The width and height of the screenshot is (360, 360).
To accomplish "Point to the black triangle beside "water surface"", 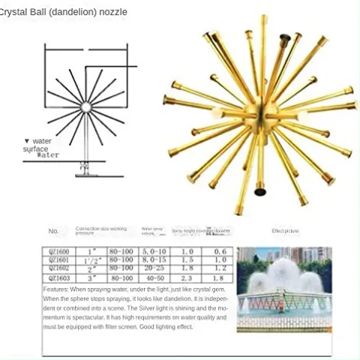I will [x=26, y=141].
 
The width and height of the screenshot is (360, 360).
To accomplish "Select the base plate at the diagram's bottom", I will [x=85, y=174].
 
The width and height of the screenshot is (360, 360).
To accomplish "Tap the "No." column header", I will [x=53, y=231].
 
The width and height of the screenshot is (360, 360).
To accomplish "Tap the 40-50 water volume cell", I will [x=153, y=277].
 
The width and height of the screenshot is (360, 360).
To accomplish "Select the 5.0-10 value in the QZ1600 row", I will [x=153, y=251].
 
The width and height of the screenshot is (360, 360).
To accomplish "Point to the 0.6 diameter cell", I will [x=220, y=251].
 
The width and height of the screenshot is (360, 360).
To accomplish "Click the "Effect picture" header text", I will [x=286, y=231].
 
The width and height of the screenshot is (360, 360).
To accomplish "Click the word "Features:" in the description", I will [x=57, y=288].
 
